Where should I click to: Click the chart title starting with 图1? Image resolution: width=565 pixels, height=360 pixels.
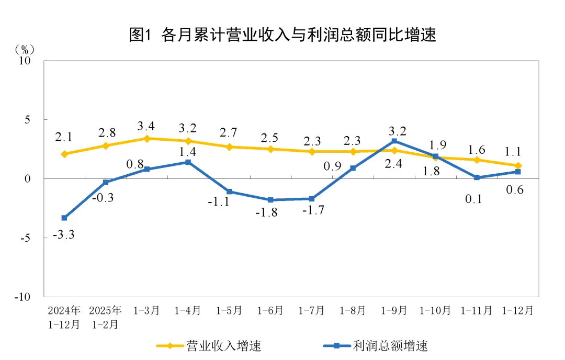tap(282, 35)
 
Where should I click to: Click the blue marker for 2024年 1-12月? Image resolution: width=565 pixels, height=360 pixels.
tap(64, 218)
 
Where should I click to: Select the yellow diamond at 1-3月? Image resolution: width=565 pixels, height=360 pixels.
tap(147, 139)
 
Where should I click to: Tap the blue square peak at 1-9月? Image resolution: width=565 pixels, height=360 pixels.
tap(394, 141)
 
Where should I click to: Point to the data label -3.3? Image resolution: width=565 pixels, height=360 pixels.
tap(64, 235)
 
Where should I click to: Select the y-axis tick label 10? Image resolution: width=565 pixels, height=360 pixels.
tap(26, 61)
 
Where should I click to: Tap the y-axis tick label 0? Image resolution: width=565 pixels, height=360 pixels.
tap(29, 179)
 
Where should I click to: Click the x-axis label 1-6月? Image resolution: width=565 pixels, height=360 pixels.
tap(270, 311)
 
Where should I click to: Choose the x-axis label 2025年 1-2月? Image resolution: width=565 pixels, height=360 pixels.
tap(106, 317)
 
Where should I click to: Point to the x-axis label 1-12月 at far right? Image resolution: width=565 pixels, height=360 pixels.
tap(517, 311)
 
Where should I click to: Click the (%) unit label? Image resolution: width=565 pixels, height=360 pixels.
tap(25, 49)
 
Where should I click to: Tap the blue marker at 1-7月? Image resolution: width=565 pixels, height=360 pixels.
tap(312, 199)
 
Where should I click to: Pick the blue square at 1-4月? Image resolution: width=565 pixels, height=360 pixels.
tap(188, 162)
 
